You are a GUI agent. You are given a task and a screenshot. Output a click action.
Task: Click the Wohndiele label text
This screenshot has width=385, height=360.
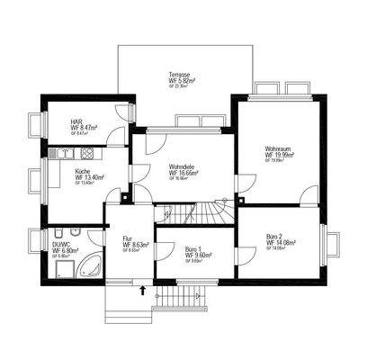click(x=183, y=166)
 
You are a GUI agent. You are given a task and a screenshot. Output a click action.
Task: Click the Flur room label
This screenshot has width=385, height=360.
click(x=127, y=238)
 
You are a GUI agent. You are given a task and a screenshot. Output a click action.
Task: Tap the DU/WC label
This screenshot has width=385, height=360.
click(x=62, y=243)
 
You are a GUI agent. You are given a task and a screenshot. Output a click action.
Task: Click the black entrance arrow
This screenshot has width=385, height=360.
click(x=143, y=289)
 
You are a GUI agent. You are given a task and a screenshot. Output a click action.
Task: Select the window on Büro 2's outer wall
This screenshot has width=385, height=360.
click(x=329, y=243)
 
